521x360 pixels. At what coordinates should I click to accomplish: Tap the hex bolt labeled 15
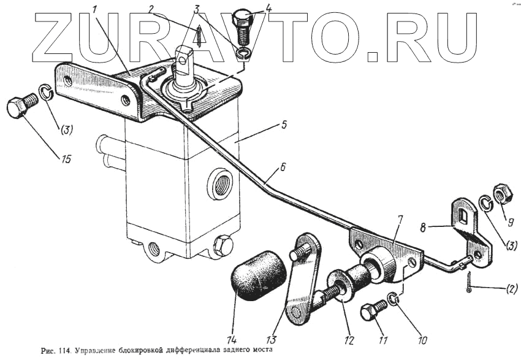(19, 109)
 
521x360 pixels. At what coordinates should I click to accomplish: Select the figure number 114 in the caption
(63, 352)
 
